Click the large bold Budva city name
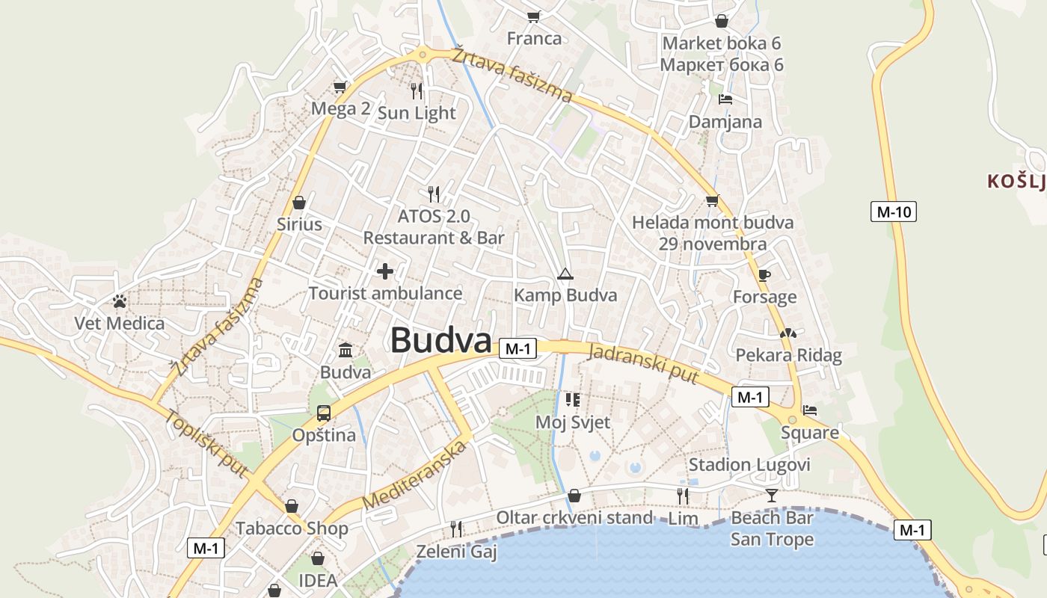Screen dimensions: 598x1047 pyautogui.click(x=440, y=341)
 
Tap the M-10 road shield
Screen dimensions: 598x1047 pyautogui.click(x=894, y=212)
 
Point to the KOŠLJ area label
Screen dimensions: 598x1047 pyautogui.click(x=1016, y=181)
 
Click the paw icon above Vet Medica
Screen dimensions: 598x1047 pyautogui.click(x=120, y=301)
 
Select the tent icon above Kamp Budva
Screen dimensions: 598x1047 pyautogui.click(x=565, y=274)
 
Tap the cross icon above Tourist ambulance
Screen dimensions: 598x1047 pyautogui.click(x=385, y=271)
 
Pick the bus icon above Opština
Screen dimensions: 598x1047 pyautogui.click(x=324, y=413)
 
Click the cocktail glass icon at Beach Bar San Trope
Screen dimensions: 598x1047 pyautogui.click(x=772, y=495)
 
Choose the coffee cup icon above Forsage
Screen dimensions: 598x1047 pyautogui.click(x=764, y=275)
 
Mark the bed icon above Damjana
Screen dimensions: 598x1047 pyautogui.click(x=725, y=99)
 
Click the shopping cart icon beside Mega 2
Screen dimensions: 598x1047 pyautogui.click(x=340, y=87)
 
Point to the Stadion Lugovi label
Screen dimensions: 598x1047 pyautogui.click(x=749, y=465)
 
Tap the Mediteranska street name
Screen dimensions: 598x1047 pyautogui.click(x=414, y=476)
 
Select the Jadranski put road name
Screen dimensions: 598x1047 pyautogui.click(x=643, y=364)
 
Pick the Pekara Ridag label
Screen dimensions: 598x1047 pyautogui.click(x=789, y=355)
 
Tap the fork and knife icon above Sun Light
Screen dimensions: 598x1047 pyautogui.click(x=417, y=91)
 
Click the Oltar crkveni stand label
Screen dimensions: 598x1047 pyautogui.click(x=574, y=517)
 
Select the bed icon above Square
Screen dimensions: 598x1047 pyautogui.click(x=809, y=410)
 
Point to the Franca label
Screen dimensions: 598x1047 pyautogui.click(x=534, y=38)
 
